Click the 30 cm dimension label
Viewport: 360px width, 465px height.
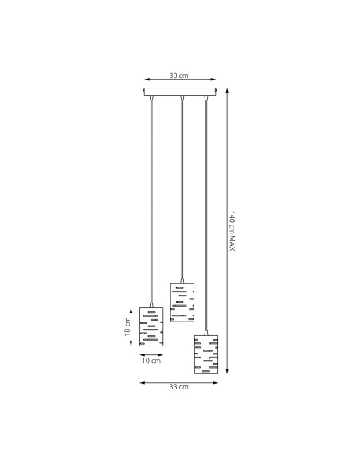coord(179,76)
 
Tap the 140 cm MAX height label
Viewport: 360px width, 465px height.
coord(233,231)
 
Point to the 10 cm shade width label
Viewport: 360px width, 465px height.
coord(151,361)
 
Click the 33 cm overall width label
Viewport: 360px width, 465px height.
coord(179,387)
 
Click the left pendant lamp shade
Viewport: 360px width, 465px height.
coord(151,327)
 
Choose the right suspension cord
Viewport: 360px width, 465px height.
coord(206,215)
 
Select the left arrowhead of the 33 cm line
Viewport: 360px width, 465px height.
coord(142,382)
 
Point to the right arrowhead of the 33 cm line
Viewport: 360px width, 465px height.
coord(217,382)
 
